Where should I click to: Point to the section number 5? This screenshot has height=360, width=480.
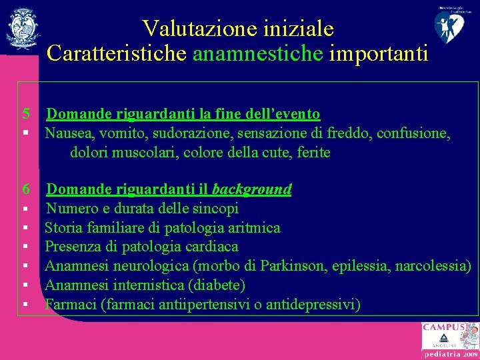coord(26,114)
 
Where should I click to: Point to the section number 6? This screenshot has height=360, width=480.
coord(26,189)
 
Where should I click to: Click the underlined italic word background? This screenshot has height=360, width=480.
coord(251,189)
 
